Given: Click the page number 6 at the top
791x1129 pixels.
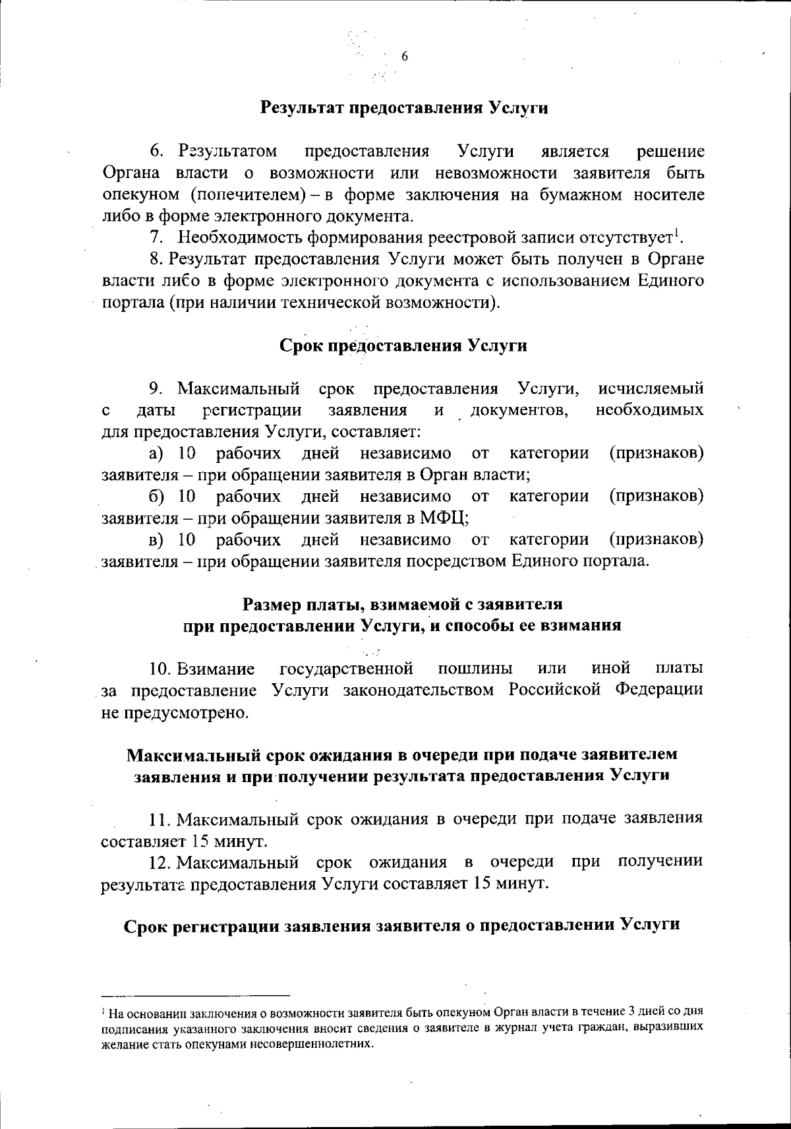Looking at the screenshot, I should coord(405,57).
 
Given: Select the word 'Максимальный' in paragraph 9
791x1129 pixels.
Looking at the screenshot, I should coord(239,388).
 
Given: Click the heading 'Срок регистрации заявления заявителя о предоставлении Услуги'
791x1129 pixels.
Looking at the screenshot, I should coord(402,925).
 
